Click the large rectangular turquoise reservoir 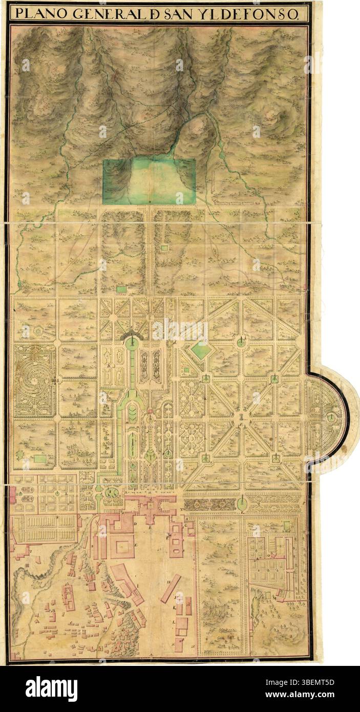(x=149, y=181)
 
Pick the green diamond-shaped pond (x=201, y=350)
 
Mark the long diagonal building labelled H (x=171, y=588)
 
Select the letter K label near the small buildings (x=175, y=608)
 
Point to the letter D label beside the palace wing (x=135, y=525)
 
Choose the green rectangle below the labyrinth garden (x=39, y=459)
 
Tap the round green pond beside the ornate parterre (x=242, y=504)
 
